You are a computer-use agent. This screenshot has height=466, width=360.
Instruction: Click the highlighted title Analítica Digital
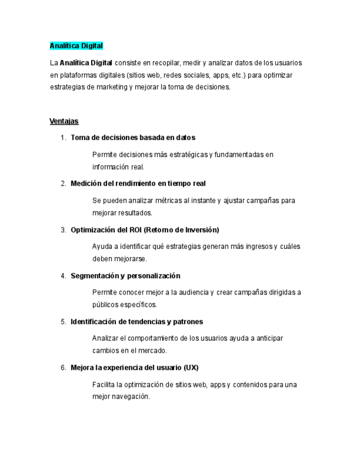pyautogui.click(x=76, y=46)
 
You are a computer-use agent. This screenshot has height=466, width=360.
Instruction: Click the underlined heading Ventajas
pyautogui.click(x=64, y=121)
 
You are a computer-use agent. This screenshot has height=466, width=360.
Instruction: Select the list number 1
pyautogui.click(x=63, y=137)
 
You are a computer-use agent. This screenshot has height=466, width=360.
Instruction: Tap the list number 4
pyautogui.click(x=63, y=275)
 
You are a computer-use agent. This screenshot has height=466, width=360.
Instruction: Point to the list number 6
pyautogui.click(x=63, y=367)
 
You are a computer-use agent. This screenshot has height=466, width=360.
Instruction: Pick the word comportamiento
pyautogui.click(x=149, y=339)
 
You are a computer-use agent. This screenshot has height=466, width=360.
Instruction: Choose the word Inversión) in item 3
pyautogui.click(x=201, y=230)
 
